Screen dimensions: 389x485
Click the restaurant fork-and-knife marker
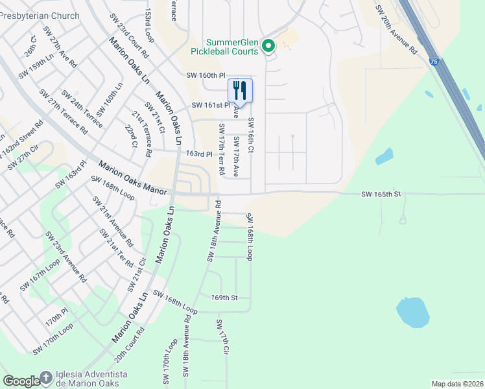click(240, 89)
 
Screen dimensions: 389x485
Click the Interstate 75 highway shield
click(433, 60)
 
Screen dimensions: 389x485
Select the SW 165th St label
click(382, 194)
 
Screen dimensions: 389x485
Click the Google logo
click(21, 381)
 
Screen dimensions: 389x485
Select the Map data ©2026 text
click(457, 384)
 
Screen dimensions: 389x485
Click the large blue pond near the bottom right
click(412, 312)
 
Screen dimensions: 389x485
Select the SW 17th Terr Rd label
click(221, 150)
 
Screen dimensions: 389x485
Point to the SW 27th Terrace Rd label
click(63, 111)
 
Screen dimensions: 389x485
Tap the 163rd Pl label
click(199, 154)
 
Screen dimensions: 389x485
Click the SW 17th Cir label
click(223, 337)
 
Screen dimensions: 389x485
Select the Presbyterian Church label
click(40, 16)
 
